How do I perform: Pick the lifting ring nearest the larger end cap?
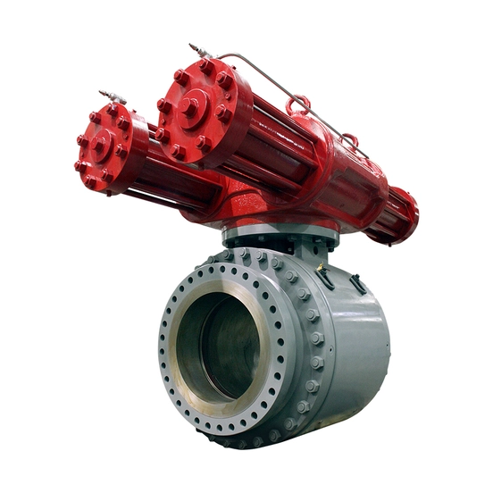pos(299,109)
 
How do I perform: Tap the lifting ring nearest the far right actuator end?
pos(349,143)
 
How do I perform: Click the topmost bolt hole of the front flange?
pos(239,254)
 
